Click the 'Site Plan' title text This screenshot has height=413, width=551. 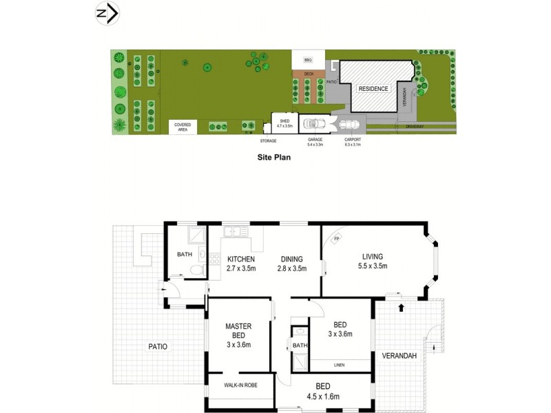[274, 158]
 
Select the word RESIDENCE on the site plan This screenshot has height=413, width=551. [373, 89]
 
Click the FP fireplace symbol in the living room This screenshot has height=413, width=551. [337, 240]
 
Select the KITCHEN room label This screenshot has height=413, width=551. [242, 260]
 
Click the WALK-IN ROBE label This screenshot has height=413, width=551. [240, 385]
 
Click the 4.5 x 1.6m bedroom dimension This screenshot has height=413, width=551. [323, 396]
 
